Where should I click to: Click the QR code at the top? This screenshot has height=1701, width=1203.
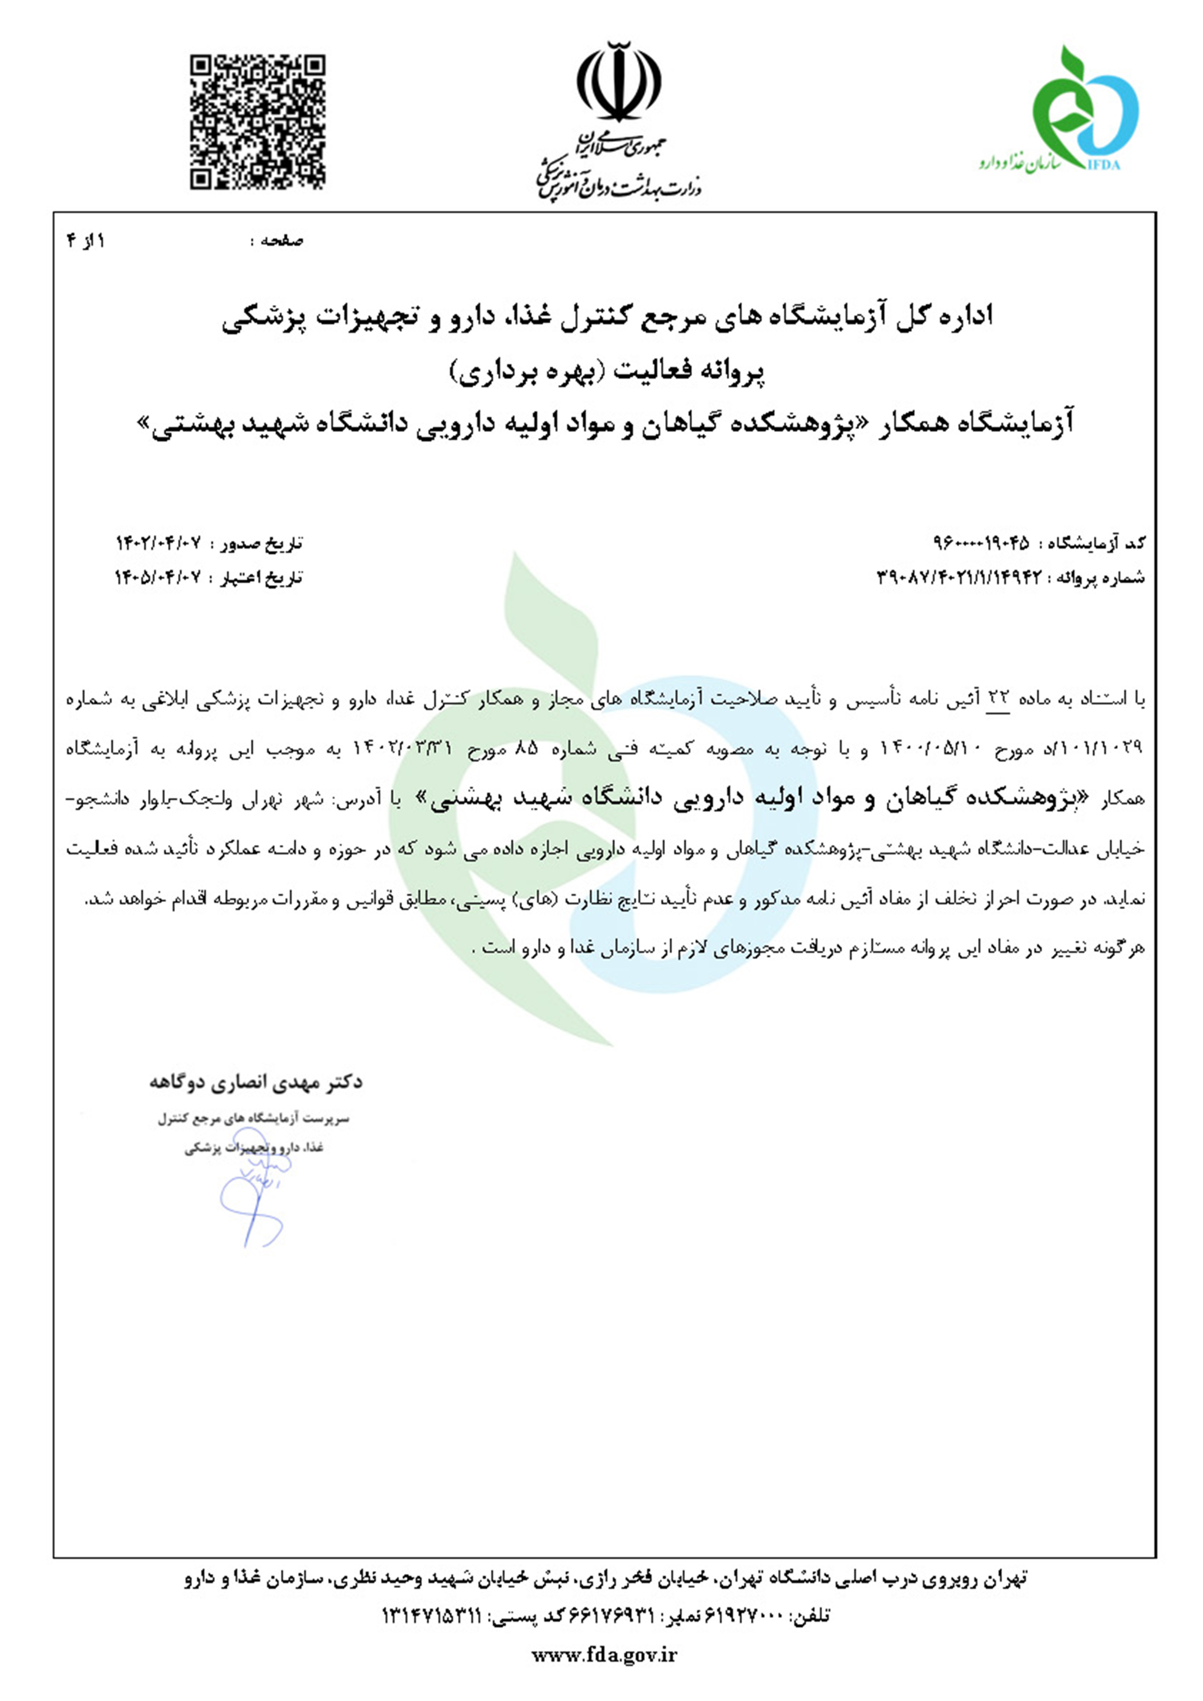pos(257,122)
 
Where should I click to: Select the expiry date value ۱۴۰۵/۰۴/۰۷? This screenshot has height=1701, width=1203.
pos(158,577)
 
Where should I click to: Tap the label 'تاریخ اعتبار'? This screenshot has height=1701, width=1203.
pos(260,577)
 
